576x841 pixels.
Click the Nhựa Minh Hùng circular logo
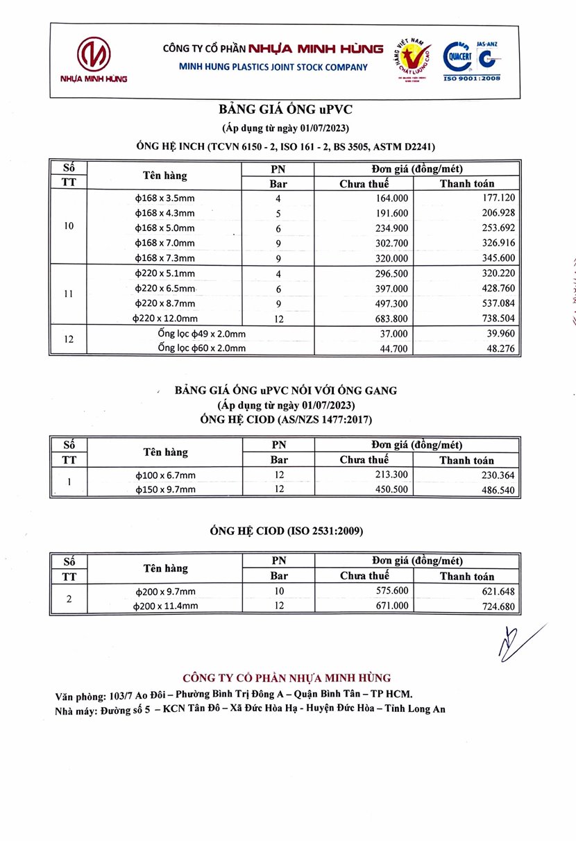click(x=94, y=55)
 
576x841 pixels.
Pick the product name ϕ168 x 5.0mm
click(x=165, y=228)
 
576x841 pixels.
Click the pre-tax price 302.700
click(x=389, y=243)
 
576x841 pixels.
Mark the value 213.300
click(x=389, y=474)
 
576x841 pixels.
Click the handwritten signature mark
click(x=517, y=641)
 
